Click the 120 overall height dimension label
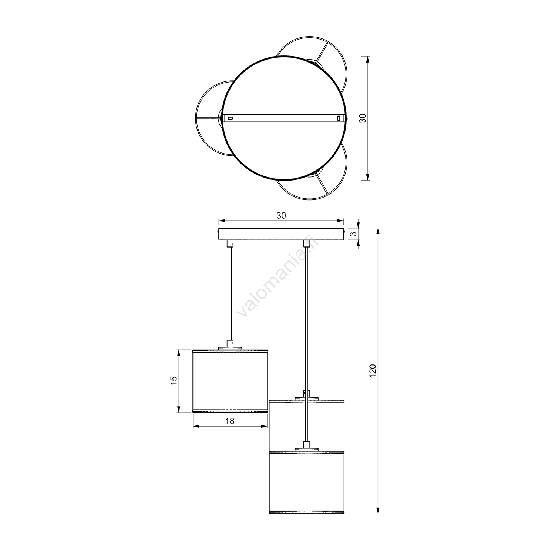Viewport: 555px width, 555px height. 373,371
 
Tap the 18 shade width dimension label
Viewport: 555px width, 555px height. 230,421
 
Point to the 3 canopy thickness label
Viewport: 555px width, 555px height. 354,234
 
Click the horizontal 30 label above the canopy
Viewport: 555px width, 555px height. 281,216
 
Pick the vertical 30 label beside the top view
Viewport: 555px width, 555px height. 363,118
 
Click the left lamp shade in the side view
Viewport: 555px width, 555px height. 230,381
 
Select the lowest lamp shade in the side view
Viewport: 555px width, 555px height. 306,482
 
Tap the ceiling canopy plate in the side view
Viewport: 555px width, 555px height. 281,234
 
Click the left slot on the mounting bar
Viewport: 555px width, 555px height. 230,118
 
